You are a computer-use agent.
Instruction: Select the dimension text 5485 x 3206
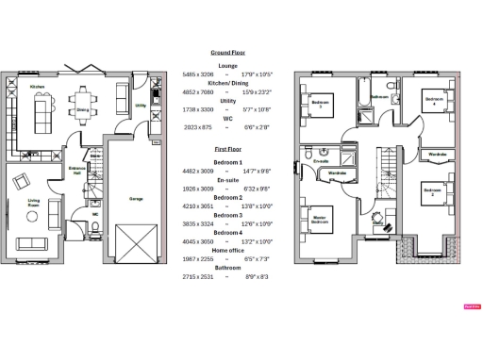(196, 73)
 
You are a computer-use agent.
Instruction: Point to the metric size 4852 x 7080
(196, 91)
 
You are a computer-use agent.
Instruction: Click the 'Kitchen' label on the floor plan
(38, 87)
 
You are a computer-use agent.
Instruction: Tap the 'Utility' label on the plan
(141, 106)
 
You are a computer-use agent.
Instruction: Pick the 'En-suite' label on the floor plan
(320, 161)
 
